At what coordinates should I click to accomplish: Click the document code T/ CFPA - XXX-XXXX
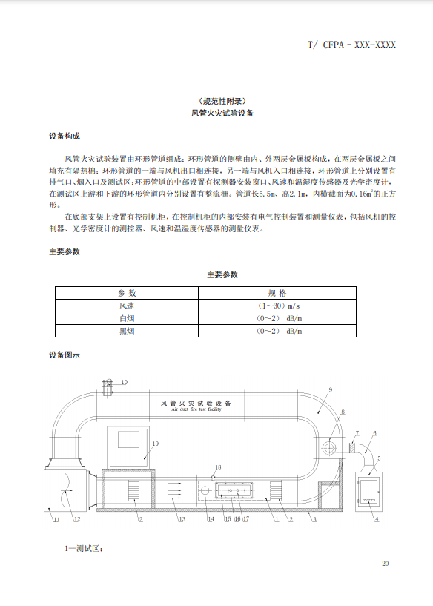coord(351,45)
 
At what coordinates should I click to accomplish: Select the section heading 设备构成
coord(65,136)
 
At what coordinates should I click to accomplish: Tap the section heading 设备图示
coord(65,355)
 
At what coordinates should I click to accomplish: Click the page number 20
coord(385,564)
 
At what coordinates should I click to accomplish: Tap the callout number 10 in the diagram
coord(124,382)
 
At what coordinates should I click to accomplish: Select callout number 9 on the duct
coord(330,389)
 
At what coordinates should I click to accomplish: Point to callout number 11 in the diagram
coord(55,520)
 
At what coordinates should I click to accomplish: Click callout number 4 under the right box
coord(376,520)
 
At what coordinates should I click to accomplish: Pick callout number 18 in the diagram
coord(217,467)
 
